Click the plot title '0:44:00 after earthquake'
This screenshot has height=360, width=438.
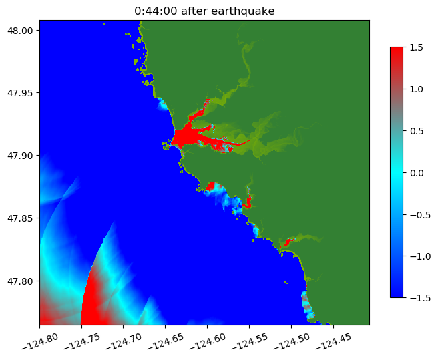204,11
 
